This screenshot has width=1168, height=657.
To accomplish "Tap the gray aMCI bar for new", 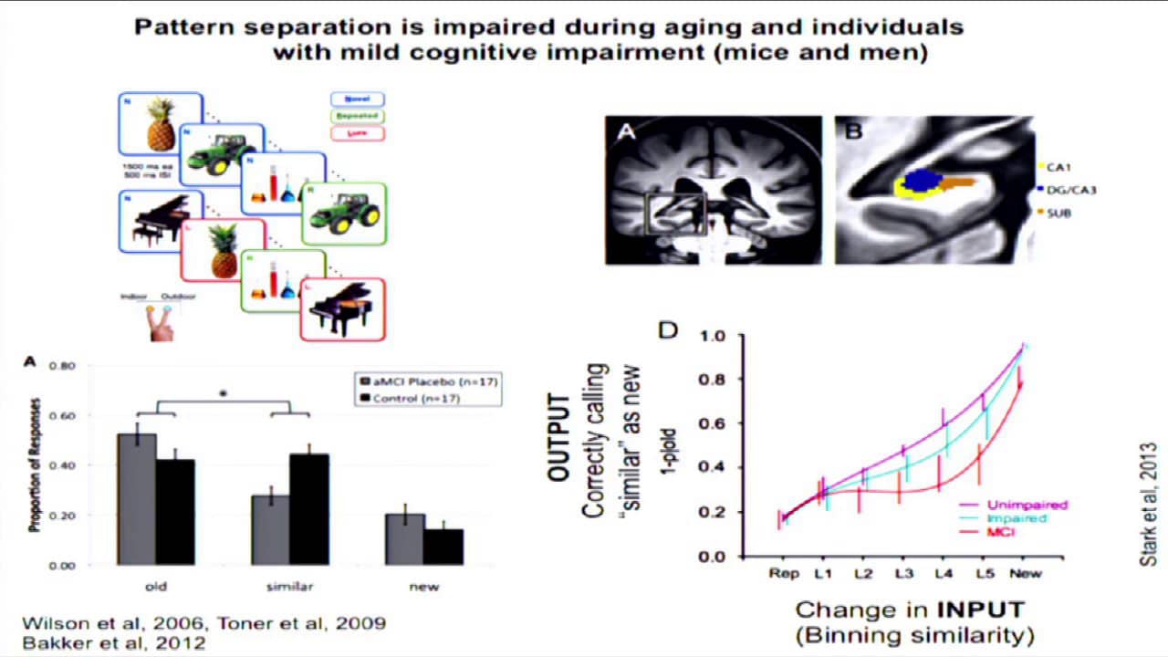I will [404, 539].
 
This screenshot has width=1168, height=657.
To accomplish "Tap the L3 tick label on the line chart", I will [903, 573].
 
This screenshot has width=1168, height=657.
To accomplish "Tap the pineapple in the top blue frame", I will [161, 126].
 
